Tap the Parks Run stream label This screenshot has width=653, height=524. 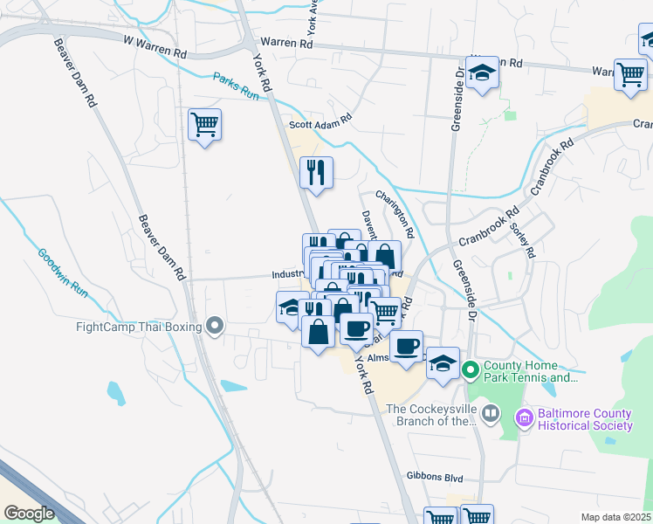coord(238,91)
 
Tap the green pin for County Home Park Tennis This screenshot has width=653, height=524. coord(471,371)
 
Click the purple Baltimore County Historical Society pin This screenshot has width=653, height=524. coord(524,418)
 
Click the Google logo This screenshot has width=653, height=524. coord(29,514)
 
